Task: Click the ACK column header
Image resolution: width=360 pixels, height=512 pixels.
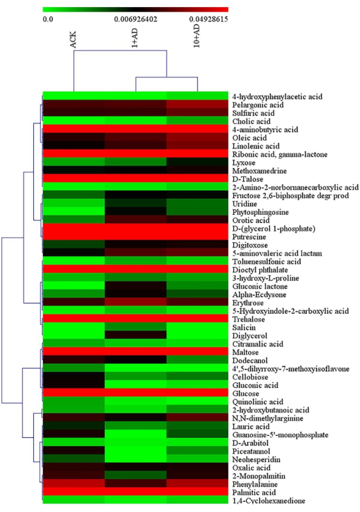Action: tap(73, 40)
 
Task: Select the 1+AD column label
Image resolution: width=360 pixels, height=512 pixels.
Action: tap(135, 38)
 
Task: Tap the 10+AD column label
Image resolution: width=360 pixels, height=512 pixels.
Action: tap(197, 36)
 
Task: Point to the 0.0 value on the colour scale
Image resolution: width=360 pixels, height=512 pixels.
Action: tap(48, 19)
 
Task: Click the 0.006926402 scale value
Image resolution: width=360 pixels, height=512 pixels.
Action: tap(136, 19)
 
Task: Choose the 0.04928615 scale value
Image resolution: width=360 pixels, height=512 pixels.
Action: tap(208, 19)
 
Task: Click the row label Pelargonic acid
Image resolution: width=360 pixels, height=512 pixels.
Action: tap(258, 105)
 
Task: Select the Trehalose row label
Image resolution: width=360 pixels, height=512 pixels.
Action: tap(248, 320)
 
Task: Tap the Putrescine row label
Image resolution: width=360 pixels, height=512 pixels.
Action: tap(249, 237)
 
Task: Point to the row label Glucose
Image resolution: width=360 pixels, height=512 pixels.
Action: tap(246, 394)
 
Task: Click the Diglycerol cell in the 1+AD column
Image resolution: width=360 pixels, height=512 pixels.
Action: tap(136, 336)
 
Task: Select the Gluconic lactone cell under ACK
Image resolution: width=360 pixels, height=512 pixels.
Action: tap(74, 286)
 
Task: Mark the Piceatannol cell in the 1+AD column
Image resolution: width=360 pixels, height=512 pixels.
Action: tap(136, 451)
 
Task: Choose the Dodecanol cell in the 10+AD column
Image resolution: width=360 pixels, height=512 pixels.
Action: tap(198, 361)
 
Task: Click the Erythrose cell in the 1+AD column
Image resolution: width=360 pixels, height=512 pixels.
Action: tap(136, 303)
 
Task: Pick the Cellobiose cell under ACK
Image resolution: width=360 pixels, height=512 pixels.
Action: tap(74, 377)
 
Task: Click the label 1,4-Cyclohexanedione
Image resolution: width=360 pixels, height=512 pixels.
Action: tap(269, 500)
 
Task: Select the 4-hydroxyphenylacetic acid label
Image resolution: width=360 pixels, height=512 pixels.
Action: tap(278, 97)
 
